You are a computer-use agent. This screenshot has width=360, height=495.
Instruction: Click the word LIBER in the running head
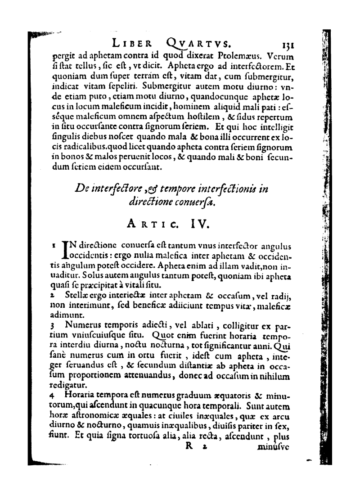133,44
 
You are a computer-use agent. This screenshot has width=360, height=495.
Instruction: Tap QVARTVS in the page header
198,44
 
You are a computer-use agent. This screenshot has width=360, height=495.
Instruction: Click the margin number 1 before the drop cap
54,246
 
